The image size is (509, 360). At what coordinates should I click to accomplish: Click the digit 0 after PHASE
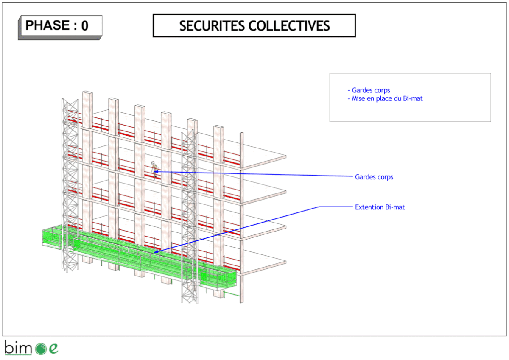pos(85,26)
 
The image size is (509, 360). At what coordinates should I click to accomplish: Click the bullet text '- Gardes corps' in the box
pos(369,90)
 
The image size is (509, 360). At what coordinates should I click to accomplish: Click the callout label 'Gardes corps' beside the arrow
pos(374,177)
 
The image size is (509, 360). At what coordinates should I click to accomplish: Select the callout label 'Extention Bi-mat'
pos(380,207)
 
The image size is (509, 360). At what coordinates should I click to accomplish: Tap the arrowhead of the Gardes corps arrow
pos(156,171)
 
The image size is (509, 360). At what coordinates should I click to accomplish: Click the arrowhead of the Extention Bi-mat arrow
pos(156,252)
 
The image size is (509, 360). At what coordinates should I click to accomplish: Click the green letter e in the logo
pos(53,349)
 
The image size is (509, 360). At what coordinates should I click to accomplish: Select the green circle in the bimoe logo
pos(41,349)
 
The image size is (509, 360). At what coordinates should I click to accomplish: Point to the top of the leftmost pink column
pos(87,93)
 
